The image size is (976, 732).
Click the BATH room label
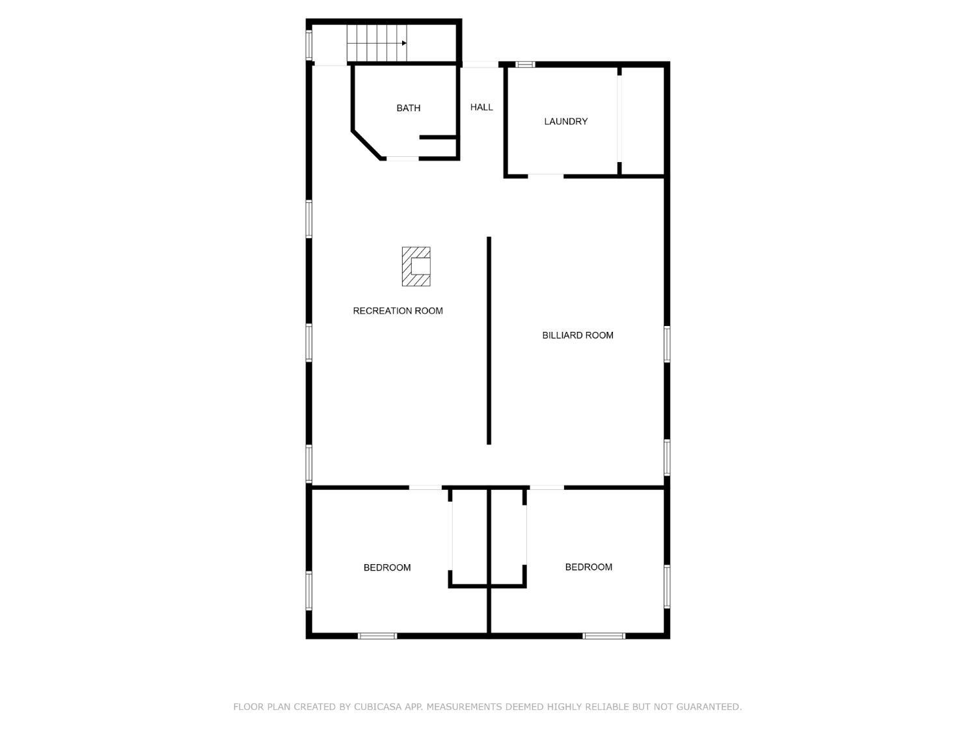(408, 108)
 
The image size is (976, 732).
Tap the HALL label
(481, 107)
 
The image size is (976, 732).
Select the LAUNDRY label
(565, 122)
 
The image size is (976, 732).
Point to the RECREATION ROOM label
(398, 311)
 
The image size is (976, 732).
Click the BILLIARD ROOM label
(578, 336)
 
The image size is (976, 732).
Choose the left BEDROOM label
(387, 568)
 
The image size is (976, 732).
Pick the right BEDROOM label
(588, 567)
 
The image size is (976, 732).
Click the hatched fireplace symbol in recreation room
(416, 266)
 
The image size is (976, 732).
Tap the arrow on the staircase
(403, 44)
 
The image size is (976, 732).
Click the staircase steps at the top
(371, 44)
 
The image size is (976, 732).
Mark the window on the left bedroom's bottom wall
(377, 636)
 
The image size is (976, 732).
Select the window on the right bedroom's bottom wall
(604, 636)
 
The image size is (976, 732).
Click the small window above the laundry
(525, 64)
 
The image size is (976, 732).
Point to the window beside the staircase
(309, 44)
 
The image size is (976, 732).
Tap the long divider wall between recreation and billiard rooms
(489, 340)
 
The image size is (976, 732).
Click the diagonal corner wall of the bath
(367, 145)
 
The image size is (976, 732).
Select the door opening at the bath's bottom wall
(402, 158)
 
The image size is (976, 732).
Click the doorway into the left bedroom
(425, 487)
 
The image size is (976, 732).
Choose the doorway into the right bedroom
(546, 487)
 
